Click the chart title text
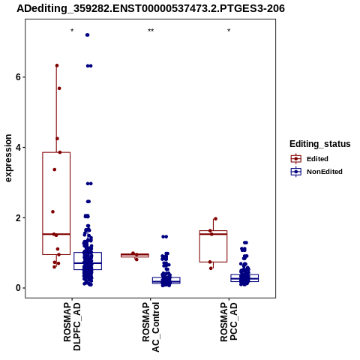pos(151,8)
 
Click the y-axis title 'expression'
pos(8,158)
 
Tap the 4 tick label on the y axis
pos(18,147)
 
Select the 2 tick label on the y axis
pos(18,217)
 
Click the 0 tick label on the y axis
pos(18,288)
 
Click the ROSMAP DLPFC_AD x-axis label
pos(72,326)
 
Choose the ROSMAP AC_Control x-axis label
pos(151,327)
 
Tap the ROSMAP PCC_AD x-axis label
pos(229,322)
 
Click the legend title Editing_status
pos(320,144)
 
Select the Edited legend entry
pos(309,159)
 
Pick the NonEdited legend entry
pos(316,172)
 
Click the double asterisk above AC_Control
pos(151,31)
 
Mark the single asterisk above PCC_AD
pos(229,31)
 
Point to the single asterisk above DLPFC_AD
pos(72,31)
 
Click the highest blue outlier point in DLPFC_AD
pos(87,35)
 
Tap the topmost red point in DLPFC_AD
pos(57,65)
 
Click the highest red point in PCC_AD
pos(215,219)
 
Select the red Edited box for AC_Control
pos(135,255)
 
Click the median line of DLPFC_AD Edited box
pos(56,234)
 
